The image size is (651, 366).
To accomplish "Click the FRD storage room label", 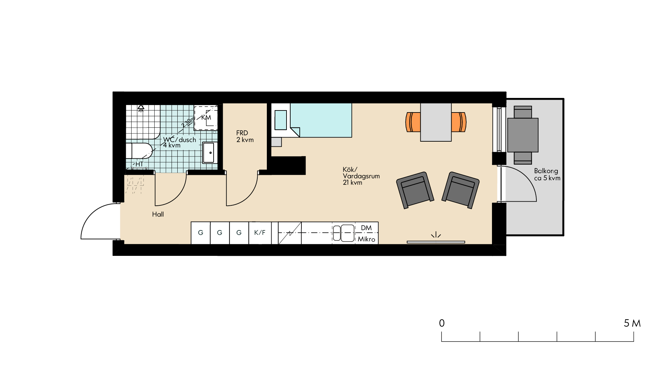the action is [x=245, y=136].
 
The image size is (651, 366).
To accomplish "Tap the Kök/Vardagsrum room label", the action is [x=361, y=176].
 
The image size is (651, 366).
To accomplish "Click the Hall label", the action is [x=158, y=214].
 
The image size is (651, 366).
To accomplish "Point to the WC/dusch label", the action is [x=179, y=140].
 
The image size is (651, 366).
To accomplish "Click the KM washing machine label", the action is [x=206, y=118].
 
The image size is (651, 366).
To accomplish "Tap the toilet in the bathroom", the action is [x=139, y=151].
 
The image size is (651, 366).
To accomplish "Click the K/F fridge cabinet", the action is [x=260, y=233].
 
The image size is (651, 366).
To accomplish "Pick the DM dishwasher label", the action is [x=366, y=228].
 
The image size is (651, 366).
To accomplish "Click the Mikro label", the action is [x=367, y=239].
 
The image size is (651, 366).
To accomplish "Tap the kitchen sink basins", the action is [x=343, y=233].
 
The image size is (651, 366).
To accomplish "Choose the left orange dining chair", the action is [x=413, y=122].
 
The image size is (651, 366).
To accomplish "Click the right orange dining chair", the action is [x=459, y=122].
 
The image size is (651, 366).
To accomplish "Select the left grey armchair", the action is [x=415, y=190].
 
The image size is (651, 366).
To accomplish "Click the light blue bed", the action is [x=321, y=120].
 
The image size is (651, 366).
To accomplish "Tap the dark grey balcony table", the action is [x=523, y=135].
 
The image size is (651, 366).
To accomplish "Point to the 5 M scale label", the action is [x=632, y=323].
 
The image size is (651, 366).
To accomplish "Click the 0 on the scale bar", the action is [x=442, y=323].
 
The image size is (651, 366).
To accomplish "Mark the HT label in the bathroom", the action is [x=139, y=164].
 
